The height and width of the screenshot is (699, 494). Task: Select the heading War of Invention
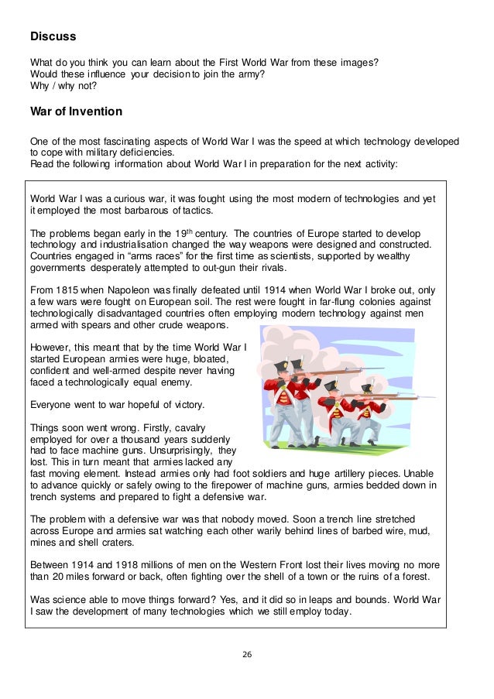point(76,111)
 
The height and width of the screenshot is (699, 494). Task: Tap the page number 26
point(247,654)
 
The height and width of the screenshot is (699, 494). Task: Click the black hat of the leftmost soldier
point(281,365)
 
